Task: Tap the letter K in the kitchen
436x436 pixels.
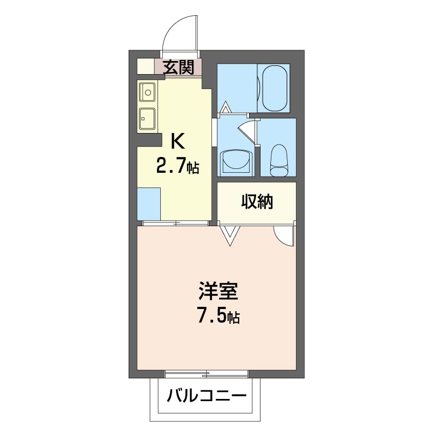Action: tap(178, 141)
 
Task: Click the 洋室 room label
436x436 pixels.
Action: tap(217, 292)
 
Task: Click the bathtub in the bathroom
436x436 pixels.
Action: tap(274, 88)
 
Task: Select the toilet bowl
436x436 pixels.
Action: tap(278, 160)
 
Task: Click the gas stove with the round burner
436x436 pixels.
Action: tap(147, 92)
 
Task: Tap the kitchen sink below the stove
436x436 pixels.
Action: tap(147, 118)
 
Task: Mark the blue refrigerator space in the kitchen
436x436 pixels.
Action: tap(148, 203)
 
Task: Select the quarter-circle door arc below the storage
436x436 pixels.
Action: tap(284, 235)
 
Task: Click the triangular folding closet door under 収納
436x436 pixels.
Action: tap(229, 235)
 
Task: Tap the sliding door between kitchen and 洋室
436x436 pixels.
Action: tap(175, 222)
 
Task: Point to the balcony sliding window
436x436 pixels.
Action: tap(207, 374)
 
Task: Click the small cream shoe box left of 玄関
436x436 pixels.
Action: tap(145, 66)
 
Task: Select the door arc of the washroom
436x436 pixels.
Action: tap(247, 131)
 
